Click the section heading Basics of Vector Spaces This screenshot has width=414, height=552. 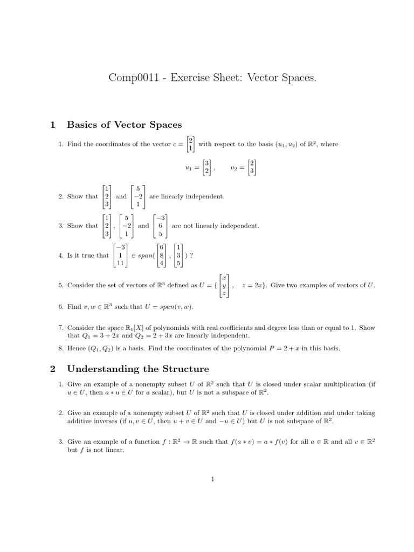(124, 125)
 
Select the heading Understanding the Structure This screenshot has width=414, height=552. (137, 369)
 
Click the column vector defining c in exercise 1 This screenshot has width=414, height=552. (190, 144)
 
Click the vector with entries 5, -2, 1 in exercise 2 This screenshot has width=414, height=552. (139, 196)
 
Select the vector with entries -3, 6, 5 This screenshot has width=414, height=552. (160, 226)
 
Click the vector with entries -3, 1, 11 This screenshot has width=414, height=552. (122, 256)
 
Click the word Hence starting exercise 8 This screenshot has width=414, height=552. (77, 349)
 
